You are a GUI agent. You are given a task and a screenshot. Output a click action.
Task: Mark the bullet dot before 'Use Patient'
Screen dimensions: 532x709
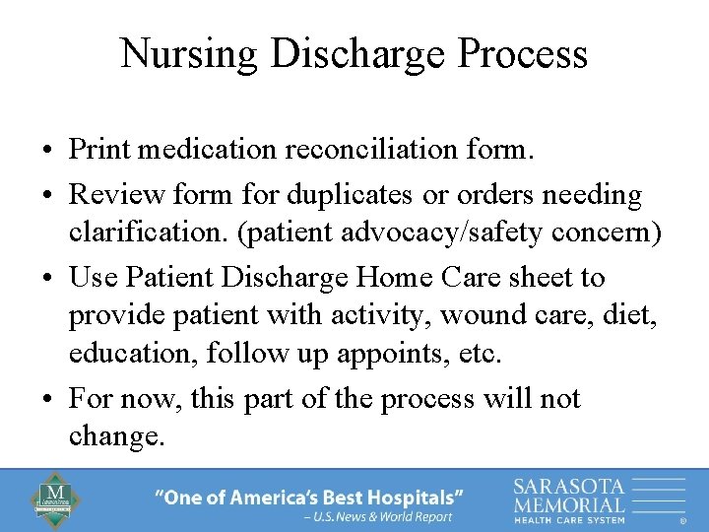pyautogui.click(x=47, y=279)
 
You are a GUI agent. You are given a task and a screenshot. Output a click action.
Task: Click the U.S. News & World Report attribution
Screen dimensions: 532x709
pyautogui.click(x=378, y=516)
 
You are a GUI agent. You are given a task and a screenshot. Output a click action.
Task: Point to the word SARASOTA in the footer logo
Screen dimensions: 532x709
pyautogui.click(x=569, y=485)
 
